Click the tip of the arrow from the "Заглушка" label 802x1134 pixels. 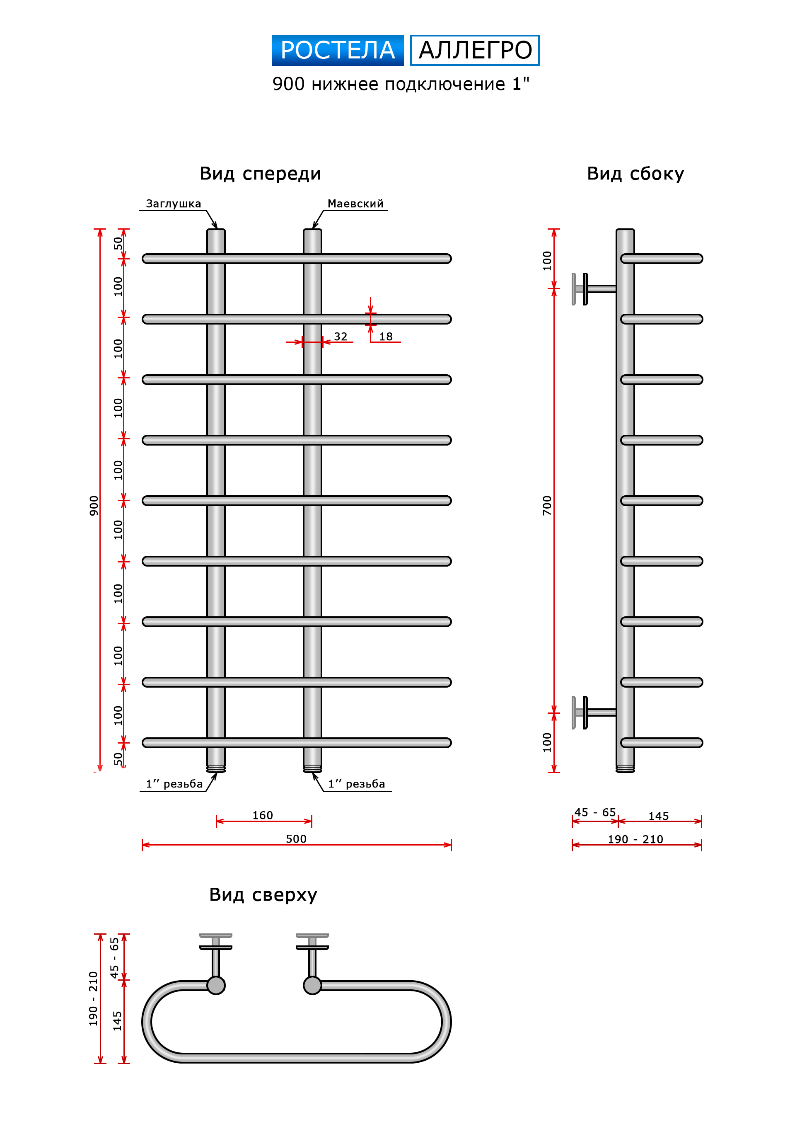[217, 229]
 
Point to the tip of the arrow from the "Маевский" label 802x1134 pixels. [313, 229]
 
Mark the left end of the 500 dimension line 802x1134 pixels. [142, 845]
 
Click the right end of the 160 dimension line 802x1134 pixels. [312, 821]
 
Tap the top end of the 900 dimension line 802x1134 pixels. [100, 229]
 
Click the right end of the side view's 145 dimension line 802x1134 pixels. [702, 821]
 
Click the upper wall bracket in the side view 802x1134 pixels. [594, 289]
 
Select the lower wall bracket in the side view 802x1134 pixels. [594, 712]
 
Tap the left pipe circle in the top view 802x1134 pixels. [216, 985]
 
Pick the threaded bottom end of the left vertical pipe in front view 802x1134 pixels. [216, 768]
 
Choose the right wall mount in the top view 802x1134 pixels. [312, 954]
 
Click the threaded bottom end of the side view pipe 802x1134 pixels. [625, 768]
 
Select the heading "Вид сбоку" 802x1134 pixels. [635, 174]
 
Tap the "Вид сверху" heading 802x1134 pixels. [263, 895]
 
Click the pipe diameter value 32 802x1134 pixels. [341, 337]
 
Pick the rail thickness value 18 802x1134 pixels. [386, 337]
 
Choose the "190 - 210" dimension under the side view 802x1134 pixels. [635, 839]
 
